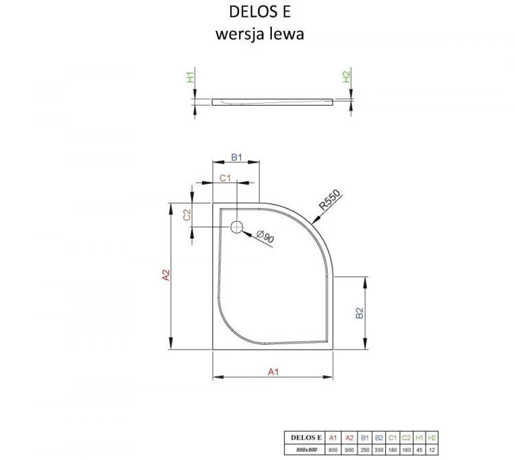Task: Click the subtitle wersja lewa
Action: pyautogui.click(x=256, y=34)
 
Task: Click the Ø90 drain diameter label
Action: pyautogui.click(x=265, y=238)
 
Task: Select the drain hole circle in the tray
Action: pyautogui.click(x=238, y=227)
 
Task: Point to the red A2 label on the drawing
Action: pyautogui.click(x=165, y=275)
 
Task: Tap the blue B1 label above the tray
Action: pyautogui.click(x=237, y=158)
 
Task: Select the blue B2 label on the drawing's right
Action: pyautogui.click(x=358, y=314)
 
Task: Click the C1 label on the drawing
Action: pyautogui.click(x=224, y=179)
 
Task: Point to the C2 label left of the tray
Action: pyautogui.click(x=187, y=214)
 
